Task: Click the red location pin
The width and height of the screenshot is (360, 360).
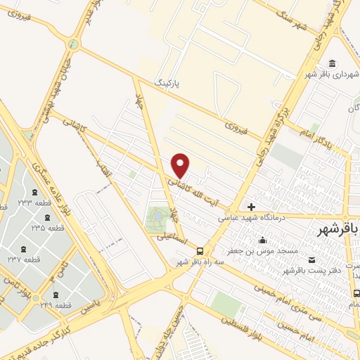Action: pyautogui.click(x=181, y=165)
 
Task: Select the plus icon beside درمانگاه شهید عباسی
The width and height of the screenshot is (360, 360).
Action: pyautogui.click(x=251, y=207)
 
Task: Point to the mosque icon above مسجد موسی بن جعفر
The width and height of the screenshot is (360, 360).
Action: pyautogui.click(x=262, y=240)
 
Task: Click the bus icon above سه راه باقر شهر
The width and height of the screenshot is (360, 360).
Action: pyautogui.click(x=200, y=250)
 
